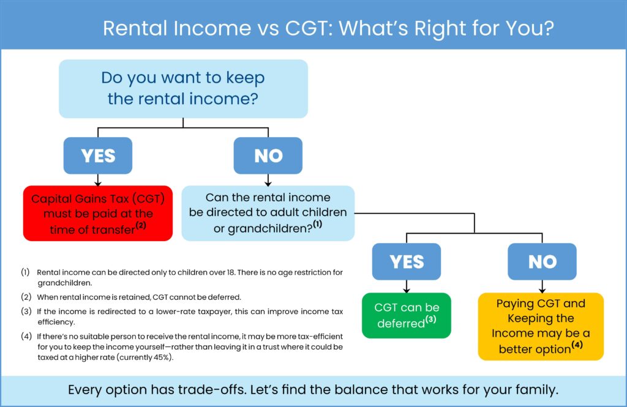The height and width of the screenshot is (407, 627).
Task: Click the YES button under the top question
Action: pos(98,155)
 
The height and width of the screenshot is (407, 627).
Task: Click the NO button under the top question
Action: pos(268,155)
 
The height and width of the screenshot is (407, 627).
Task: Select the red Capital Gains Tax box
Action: pos(98,214)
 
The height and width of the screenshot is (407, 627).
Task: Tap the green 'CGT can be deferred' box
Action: pos(407,315)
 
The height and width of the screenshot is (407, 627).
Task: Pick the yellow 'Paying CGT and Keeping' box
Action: pos(541,326)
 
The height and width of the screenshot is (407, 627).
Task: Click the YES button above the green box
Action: pos(407,261)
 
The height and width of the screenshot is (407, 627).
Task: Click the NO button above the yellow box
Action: pos(542,261)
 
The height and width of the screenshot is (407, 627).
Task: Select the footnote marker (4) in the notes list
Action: pos(25,337)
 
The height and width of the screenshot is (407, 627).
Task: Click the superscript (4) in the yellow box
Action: pos(576,346)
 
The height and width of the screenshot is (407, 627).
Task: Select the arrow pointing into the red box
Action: pos(98,182)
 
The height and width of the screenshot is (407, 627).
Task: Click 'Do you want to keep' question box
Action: pos(182,88)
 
